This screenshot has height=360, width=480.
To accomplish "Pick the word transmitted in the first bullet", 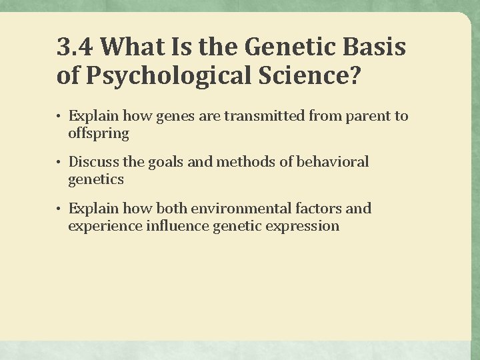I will (265, 116).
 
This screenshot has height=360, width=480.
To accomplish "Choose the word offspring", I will (98, 133).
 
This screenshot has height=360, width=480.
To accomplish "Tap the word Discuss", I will (93, 162).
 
